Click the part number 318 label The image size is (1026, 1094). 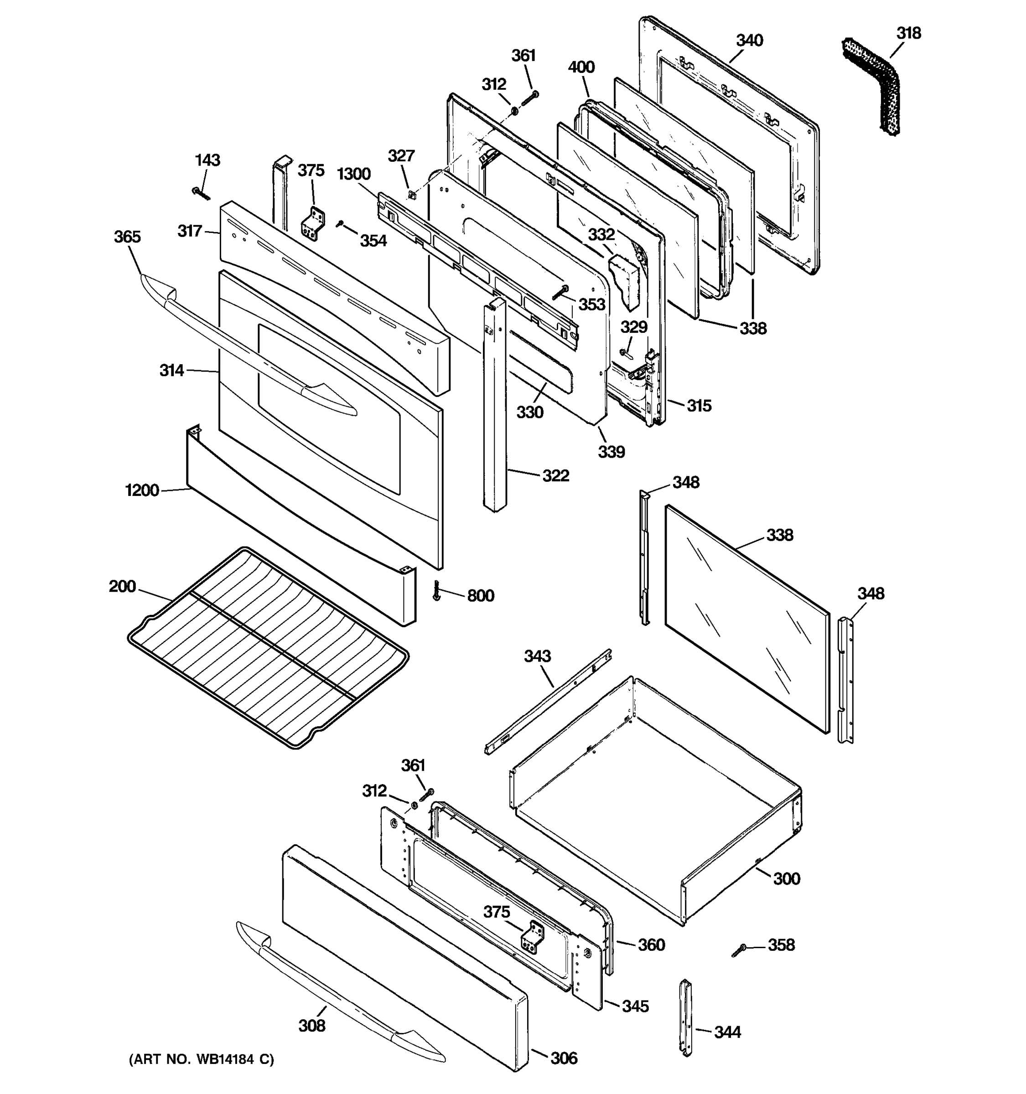(908, 34)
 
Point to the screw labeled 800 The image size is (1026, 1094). (437, 590)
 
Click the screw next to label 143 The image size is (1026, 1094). (201, 193)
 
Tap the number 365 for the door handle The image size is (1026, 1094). (127, 237)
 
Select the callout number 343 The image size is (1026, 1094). (537, 656)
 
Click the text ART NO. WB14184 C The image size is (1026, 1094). (201, 1059)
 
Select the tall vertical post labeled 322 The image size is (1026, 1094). (495, 407)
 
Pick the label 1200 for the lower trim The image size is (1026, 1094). (142, 490)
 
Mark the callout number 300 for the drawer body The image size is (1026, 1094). (786, 878)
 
